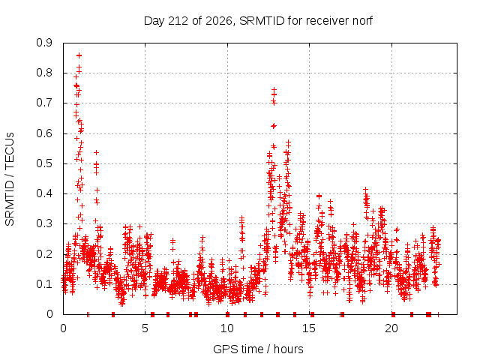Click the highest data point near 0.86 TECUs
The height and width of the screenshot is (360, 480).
click(79, 55)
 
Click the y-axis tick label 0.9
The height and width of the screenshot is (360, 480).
click(44, 43)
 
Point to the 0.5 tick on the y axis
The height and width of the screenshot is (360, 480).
click(44, 163)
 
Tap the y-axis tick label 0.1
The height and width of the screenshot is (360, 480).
click(44, 284)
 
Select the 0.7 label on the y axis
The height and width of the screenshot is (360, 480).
click(44, 103)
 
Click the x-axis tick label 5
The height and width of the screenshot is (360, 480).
click(145, 328)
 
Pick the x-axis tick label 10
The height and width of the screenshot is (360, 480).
click(227, 328)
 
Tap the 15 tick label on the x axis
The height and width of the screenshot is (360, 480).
click(309, 328)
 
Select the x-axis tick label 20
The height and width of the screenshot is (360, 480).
click(391, 328)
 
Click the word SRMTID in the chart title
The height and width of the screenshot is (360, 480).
click(262, 21)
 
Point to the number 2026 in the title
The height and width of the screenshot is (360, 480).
click(218, 21)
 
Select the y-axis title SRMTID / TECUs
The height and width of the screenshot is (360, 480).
click(10, 179)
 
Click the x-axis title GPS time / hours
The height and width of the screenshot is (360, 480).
click(258, 349)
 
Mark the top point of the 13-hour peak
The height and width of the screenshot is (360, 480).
click(274, 90)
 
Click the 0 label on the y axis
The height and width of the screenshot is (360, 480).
click(49, 314)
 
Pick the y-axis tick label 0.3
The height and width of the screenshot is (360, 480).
click(44, 224)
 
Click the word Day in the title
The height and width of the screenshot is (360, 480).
click(154, 21)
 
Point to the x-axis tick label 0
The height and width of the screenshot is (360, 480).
click(63, 328)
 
